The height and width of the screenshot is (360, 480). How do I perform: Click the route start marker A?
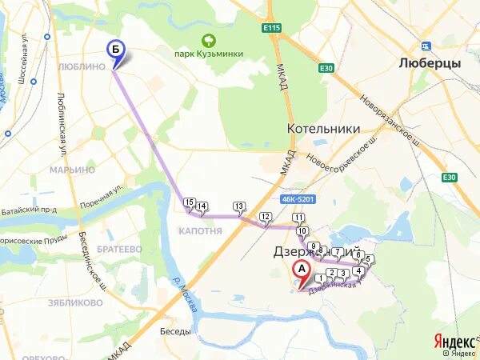301,270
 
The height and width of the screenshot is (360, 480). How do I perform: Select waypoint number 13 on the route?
238,206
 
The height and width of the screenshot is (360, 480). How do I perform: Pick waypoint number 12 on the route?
266,216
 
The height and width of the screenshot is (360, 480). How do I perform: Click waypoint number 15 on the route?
189,202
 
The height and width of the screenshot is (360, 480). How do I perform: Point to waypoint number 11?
298,218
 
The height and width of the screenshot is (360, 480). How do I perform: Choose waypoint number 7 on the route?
338,252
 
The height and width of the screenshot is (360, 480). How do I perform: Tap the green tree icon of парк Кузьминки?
209,39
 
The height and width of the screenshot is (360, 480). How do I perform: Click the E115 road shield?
272,28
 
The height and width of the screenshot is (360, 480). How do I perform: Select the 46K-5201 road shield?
299,198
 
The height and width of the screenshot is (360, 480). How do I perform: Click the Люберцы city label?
430,62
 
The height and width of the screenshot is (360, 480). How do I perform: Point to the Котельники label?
323,128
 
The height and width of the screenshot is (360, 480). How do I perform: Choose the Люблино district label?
82,66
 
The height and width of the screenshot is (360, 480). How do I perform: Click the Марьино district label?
72,170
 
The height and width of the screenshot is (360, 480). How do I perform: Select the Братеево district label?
120,250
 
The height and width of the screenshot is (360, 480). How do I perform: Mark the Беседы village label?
175,331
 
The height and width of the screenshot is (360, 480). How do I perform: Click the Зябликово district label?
75,303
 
